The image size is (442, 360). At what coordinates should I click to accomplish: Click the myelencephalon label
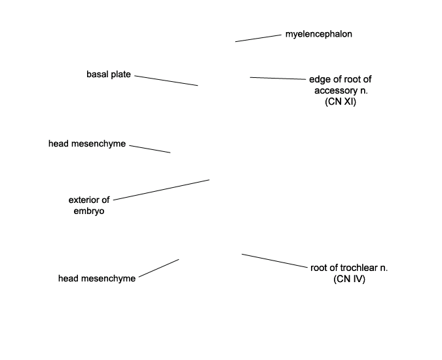click(318, 34)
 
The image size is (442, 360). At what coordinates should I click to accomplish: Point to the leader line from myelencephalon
click(258, 39)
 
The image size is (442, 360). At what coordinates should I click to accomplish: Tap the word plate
click(121, 75)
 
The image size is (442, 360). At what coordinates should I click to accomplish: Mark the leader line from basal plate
click(166, 81)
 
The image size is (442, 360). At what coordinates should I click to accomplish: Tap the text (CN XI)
click(341, 101)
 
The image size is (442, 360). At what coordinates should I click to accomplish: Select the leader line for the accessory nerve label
click(278, 79)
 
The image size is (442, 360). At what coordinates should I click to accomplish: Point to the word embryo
click(89, 211)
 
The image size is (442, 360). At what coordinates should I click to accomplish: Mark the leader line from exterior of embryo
click(161, 190)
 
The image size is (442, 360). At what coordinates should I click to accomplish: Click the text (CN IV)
click(349, 279)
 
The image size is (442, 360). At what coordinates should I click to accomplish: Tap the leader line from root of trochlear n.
click(274, 261)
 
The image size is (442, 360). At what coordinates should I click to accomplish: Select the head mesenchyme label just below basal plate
click(87, 143)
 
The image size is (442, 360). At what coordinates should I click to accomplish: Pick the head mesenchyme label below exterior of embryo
click(97, 279)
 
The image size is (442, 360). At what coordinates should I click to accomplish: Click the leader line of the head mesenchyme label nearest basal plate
click(150, 149)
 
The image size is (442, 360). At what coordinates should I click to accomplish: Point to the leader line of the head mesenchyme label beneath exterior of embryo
click(158, 268)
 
